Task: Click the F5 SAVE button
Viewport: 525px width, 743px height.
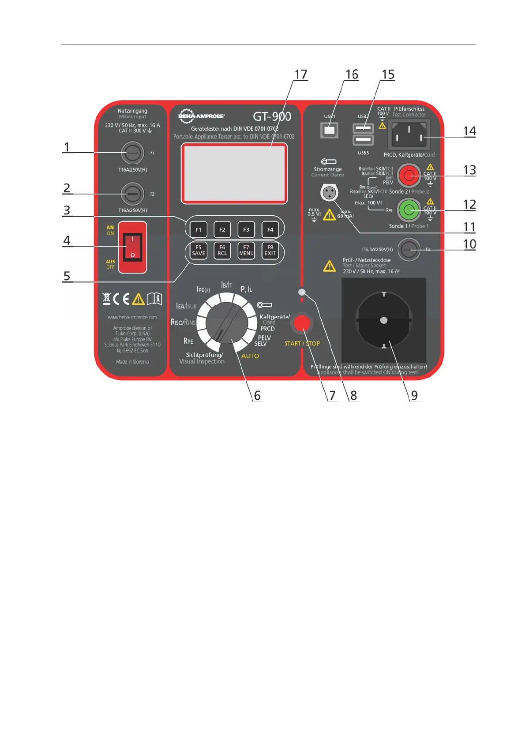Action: (199, 251)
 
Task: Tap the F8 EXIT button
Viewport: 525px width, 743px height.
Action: (270, 251)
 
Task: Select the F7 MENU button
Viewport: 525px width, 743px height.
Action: (246, 251)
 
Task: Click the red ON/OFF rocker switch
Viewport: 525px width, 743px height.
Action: (132, 247)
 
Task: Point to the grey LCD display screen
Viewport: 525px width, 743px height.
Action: (234, 173)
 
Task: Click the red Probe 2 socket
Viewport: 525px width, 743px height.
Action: (409, 175)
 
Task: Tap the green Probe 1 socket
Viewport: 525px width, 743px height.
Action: (409, 210)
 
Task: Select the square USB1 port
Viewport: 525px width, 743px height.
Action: (329, 130)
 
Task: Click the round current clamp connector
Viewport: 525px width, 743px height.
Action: (329, 192)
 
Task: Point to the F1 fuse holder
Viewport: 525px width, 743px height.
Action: (132, 153)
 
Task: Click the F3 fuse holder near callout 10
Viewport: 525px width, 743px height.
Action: (409, 250)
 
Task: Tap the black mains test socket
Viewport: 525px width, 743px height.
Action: (383, 320)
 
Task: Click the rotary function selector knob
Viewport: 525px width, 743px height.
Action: (227, 323)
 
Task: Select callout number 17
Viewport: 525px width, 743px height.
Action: (301, 75)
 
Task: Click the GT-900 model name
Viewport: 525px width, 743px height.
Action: (272, 116)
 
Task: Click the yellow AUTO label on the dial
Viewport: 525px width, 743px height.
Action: (250, 356)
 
